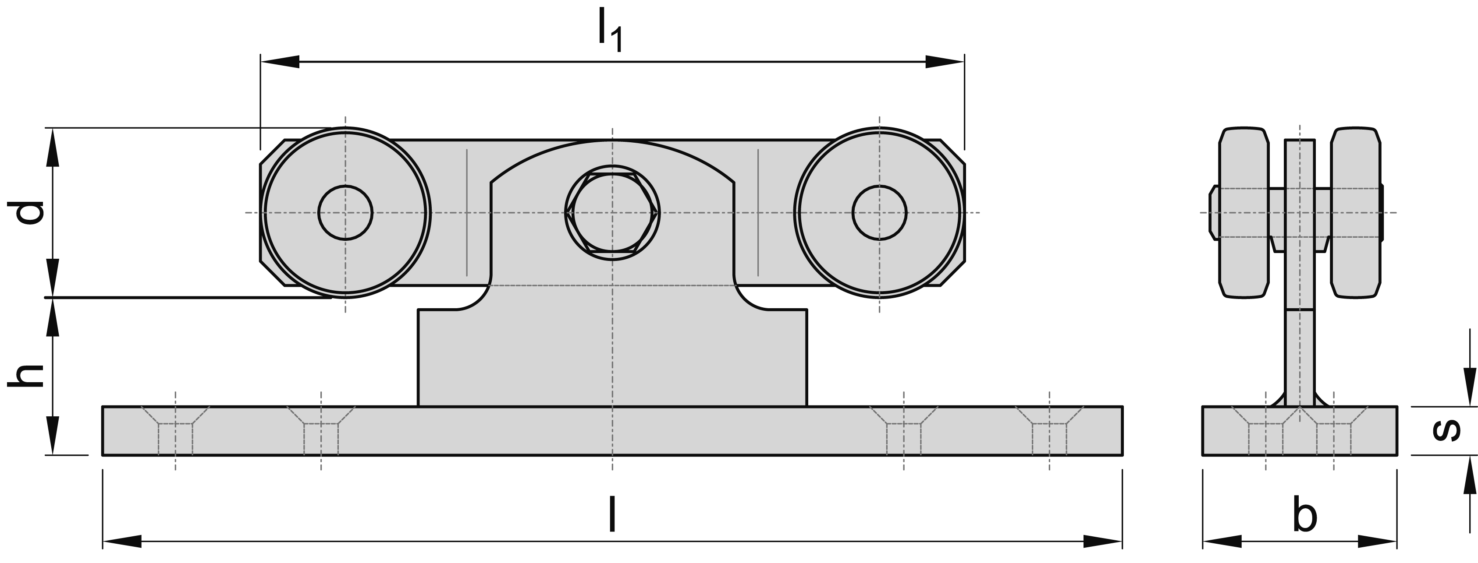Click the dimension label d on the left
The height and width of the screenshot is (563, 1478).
(x=28, y=213)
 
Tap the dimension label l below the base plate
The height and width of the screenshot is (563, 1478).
(x=613, y=514)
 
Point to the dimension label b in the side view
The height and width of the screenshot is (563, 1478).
(x=1305, y=516)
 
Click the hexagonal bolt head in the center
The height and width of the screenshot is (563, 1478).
(x=613, y=213)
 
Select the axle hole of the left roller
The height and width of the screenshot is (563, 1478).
(x=345, y=213)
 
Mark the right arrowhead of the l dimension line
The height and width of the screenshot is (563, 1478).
(x=1101, y=541)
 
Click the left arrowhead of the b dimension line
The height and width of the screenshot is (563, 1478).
(x=1222, y=541)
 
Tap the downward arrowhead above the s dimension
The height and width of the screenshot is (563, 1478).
(x=1469, y=393)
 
